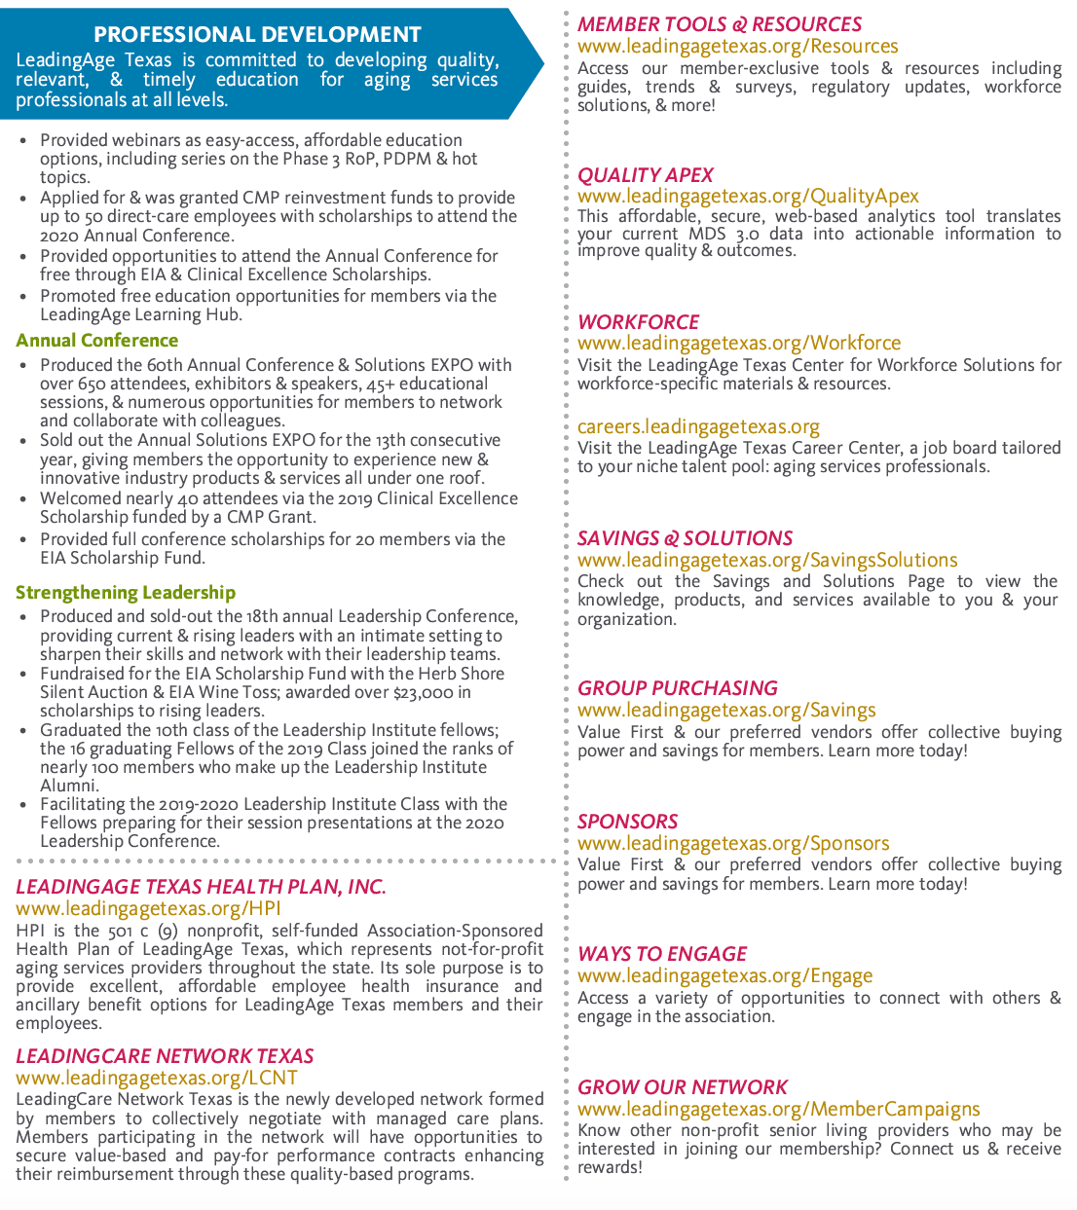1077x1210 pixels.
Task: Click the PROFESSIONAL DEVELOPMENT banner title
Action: click(257, 35)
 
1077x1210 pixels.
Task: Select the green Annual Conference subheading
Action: click(97, 341)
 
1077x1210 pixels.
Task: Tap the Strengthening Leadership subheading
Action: click(126, 593)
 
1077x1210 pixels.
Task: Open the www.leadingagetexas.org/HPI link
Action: click(148, 908)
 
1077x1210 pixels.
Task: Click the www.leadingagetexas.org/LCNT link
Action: click(157, 1078)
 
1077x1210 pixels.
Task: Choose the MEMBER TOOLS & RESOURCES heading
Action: click(720, 24)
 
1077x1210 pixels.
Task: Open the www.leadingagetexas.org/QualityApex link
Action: click(748, 197)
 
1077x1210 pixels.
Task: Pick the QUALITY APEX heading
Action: click(646, 175)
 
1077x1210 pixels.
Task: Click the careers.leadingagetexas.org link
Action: click(698, 427)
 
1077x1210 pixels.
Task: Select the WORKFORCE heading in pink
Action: click(639, 322)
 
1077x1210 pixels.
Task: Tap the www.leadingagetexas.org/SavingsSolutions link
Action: click(767, 560)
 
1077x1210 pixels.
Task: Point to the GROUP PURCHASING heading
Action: click(678, 688)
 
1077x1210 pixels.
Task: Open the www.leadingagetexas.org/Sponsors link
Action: click(733, 843)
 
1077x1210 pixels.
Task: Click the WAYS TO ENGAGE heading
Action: click(662, 954)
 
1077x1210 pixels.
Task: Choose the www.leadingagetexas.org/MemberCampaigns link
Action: click(779, 1109)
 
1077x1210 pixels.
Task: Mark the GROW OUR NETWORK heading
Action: click(683, 1087)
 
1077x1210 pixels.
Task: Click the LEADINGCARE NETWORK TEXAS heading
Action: click(165, 1056)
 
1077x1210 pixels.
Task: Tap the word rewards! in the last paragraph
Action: click(610, 1167)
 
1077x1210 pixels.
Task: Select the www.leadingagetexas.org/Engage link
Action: click(725, 975)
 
